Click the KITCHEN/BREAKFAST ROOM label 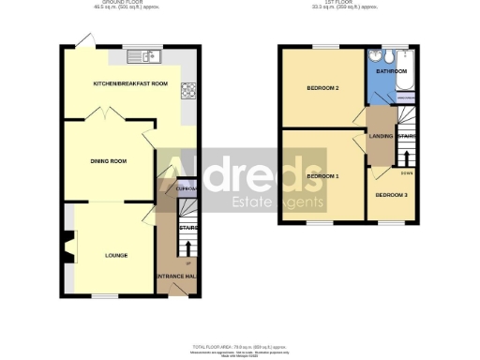pyautogui.click(x=129, y=84)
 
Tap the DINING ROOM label pyautogui.click(x=108, y=161)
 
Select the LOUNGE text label pyautogui.click(x=116, y=254)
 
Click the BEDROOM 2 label pyautogui.click(x=322, y=89)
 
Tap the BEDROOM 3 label pyautogui.click(x=391, y=195)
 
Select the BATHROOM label pyautogui.click(x=390, y=71)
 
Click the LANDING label pyautogui.click(x=381, y=137)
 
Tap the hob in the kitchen pyautogui.click(x=188, y=91)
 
